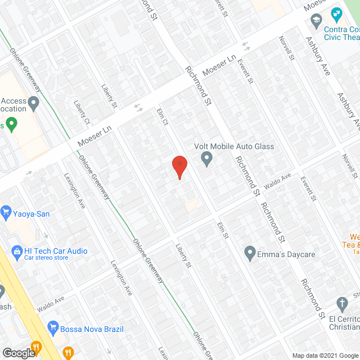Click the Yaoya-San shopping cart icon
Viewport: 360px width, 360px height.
(7, 212)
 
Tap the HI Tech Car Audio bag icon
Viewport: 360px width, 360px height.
(16, 251)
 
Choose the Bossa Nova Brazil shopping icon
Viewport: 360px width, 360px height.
(53, 326)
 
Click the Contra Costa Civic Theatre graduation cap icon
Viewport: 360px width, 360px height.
(316, 20)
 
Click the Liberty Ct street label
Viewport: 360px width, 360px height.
(82, 112)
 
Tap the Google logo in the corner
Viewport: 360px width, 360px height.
(19, 353)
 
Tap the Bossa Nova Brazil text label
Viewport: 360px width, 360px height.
(93, 328)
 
